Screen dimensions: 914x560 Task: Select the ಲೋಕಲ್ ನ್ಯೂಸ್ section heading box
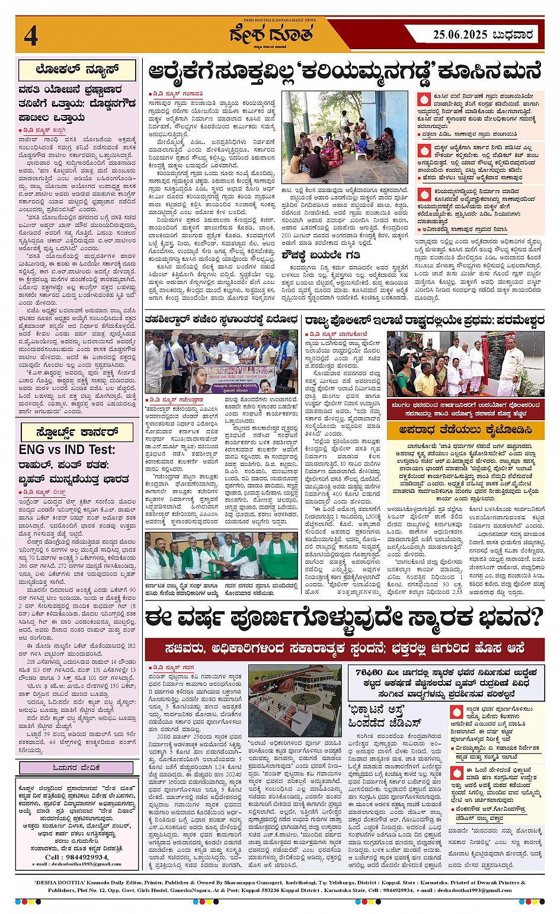77,70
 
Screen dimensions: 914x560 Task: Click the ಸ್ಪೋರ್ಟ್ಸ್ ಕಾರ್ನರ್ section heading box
77,432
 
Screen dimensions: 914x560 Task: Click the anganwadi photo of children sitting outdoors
345,137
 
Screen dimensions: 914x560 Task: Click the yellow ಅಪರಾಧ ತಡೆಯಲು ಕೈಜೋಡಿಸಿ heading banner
466,430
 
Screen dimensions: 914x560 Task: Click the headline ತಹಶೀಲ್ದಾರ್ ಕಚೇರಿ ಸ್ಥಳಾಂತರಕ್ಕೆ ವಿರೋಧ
222,319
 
